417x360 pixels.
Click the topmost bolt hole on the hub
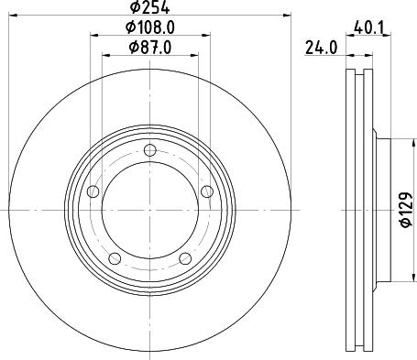[149, 151]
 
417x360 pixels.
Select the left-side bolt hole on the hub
[93, 191]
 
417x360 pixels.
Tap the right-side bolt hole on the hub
[206, 191]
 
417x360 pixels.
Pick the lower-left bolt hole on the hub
[115, 258]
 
